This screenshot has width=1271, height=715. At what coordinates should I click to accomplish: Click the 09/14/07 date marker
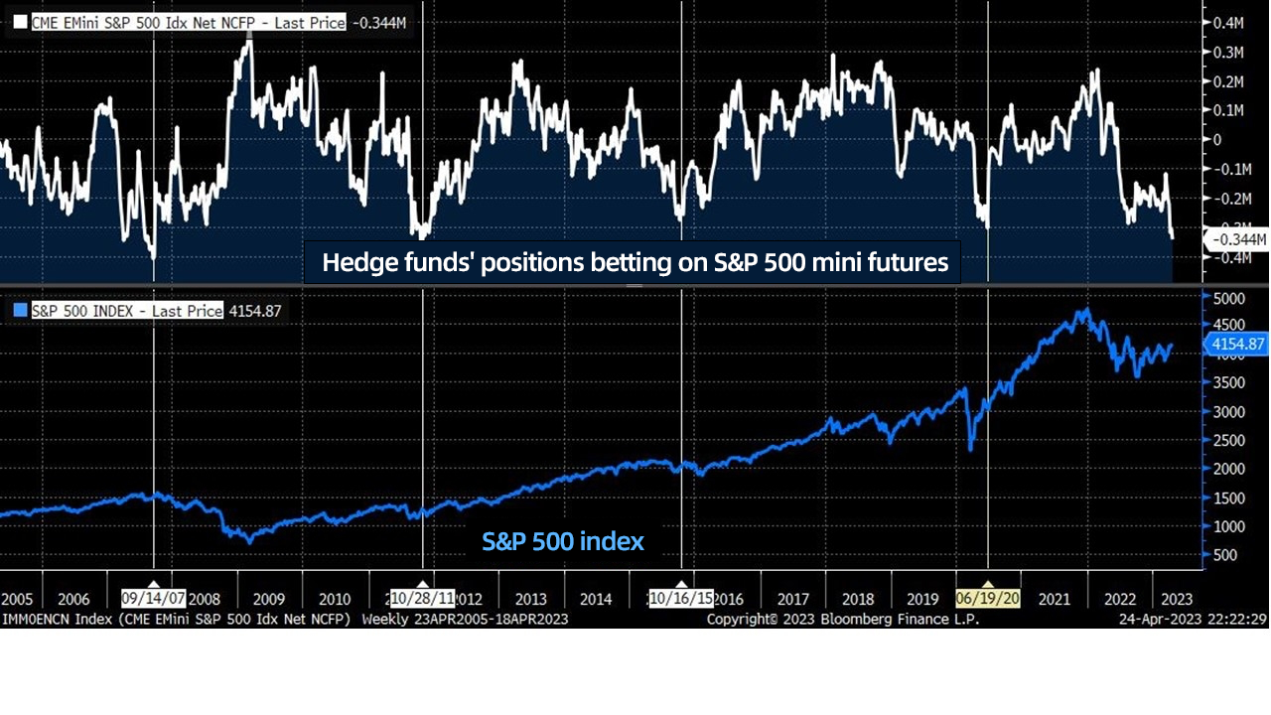pyautogui.click(x=153, y=599)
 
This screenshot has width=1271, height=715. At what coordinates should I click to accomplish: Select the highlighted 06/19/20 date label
pyautogui.click(x=987, y=599)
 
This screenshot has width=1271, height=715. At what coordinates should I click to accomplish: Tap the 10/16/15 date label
pyautogui.click(x=680, y=599)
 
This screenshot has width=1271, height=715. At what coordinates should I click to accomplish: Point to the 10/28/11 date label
pyautogui.click(x=422, y=599)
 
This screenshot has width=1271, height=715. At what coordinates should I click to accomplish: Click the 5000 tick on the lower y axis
pyautogui.click(x=1229, y=297)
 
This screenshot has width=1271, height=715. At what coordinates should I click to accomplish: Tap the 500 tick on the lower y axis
pyautogui.click(x=1225, y=555)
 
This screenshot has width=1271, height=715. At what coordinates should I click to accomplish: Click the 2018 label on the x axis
pyautogui.click(x=858, y=599)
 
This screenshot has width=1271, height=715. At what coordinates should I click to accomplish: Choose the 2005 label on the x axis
pyautogui.click(x=18, y=599)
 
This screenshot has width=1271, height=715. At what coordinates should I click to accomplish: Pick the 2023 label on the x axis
pyautogui.click(x=1177, y=599)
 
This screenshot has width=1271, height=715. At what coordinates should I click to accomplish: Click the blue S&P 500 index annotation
pyautogui.click(x=563, y=541)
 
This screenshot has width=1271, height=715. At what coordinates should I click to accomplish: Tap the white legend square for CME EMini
pyautogui.click(x=21, y=22)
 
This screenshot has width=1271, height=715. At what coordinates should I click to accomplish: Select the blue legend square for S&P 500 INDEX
pyautogui.click(x=21, y=311)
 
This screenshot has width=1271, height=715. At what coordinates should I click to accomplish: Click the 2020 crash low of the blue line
pyautogui.click(x=970, y=450)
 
